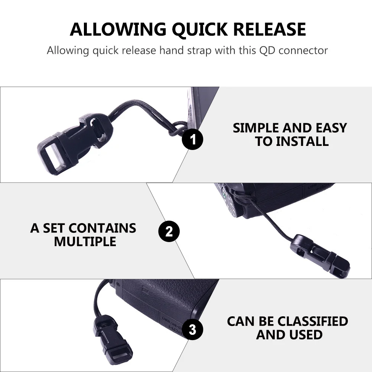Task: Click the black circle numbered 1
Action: click(193, 140)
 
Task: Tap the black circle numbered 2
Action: click(169, 232)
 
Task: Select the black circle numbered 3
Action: click(192, 329)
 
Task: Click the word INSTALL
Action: click(292, 141)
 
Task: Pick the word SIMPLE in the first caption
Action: click(256, 128)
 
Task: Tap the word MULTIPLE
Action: click(85, 242)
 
